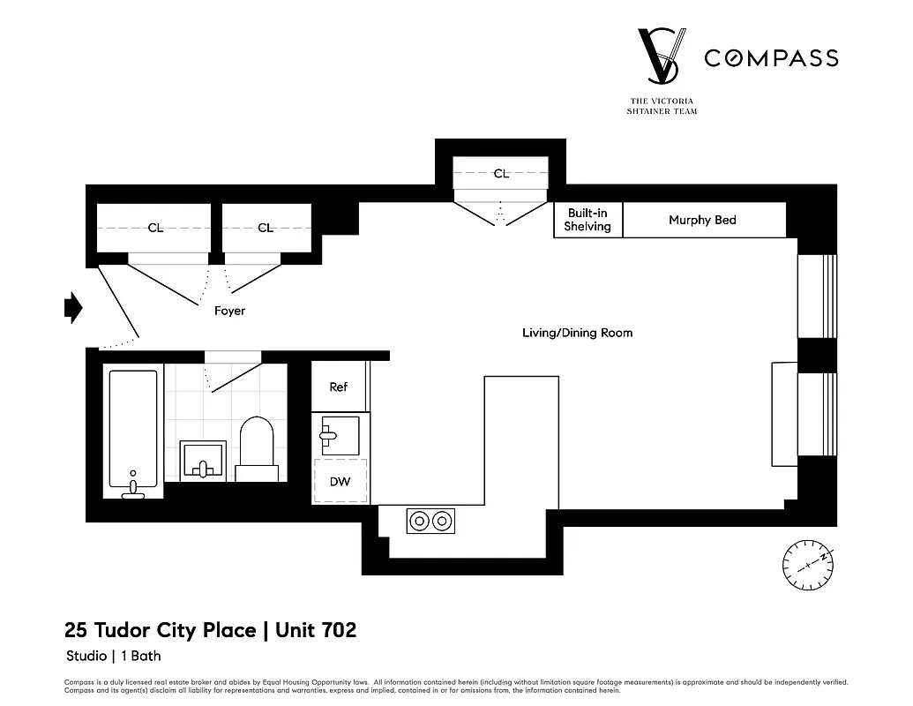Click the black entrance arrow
(x=73, y=307)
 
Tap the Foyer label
(x=229, y=312)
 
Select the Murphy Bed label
(x=702, y=221)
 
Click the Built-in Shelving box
(x=588, y=221)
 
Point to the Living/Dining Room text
(x=577, y=333)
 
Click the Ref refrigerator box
(x=339, y=387)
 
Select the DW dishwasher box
(x=340, y=482)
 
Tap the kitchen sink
(x=340, y=435)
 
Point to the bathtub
(x=133, y=431)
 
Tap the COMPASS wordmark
(x=770, y=58)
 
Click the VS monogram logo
(x=662, y=57)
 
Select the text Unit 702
(x=316, y=630)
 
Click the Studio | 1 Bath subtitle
(x=113, y=656)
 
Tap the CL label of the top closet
(x=501, y=174)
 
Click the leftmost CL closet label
(x=155, y=229)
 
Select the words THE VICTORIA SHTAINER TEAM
(x=662, y=107)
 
